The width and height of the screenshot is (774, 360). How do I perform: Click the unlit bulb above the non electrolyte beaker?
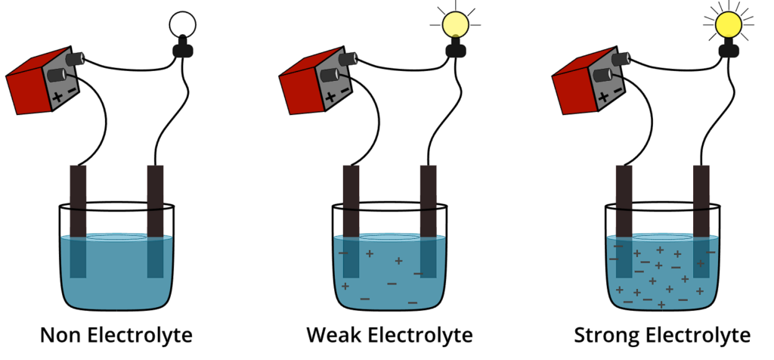[x=182, y=26]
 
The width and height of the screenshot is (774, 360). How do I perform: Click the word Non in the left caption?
[x=61, y=334]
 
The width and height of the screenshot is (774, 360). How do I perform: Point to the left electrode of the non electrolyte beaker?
[x=79, y=219]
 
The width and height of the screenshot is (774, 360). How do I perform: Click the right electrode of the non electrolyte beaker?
[x=155, y=219]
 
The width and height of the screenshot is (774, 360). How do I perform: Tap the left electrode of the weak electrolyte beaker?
[x=351, y=219]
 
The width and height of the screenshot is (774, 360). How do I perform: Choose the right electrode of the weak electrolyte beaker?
[x=428, y=219]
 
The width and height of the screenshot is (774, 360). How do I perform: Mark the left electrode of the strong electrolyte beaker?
[x=624, y=219]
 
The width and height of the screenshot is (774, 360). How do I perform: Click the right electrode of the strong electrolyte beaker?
[x=701, y=219]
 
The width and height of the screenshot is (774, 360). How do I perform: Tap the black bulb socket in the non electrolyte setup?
[x=182, y=50]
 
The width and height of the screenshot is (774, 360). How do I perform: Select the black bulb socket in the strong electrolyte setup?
[x=729, y=50]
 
